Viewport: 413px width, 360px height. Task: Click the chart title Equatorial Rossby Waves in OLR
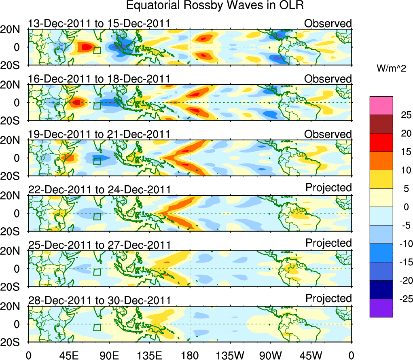coord(214,6)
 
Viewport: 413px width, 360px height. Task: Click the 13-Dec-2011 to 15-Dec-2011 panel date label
coord(99,24)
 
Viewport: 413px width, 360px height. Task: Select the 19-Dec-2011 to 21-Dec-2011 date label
coord(99,134)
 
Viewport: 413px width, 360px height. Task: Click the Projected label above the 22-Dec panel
coord(328,188)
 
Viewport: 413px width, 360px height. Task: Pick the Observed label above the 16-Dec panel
coord(328,79)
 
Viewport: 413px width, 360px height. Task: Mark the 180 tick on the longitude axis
coord(190,356)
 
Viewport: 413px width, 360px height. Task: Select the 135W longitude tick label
coord(230,356)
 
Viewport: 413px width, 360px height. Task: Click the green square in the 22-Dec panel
coord(97,216)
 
